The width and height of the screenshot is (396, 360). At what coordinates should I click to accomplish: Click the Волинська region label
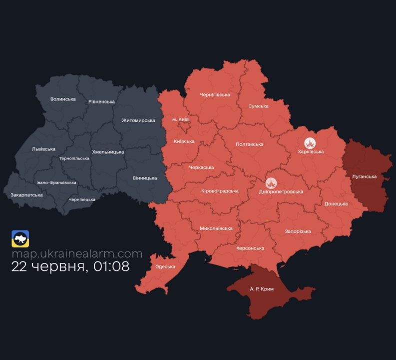[63, 99]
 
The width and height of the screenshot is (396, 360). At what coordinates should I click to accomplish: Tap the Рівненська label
[101, 101]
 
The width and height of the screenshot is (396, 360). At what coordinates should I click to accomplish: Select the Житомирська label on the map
[138, 120]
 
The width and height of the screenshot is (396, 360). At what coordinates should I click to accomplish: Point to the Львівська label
[44, 149]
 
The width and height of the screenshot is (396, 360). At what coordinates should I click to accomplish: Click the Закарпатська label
[26, 194]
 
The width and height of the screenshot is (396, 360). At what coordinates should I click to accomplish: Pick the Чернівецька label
[82, 199]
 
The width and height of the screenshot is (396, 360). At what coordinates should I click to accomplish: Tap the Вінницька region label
[145, 178]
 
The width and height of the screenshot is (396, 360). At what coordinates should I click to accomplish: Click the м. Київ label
[180, 119]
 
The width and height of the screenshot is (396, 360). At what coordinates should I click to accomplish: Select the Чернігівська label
[215, 94]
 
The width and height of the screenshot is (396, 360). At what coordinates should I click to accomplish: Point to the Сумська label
[258, 106]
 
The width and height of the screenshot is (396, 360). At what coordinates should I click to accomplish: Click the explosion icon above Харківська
[311, 142]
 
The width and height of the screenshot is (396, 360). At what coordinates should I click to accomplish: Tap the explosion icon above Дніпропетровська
[272, 183]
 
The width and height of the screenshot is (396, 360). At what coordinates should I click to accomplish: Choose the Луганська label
[364, 176]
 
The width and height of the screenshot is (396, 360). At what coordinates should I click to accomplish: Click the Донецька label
[336, 204]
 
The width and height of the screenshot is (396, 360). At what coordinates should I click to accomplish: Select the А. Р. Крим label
[262, 289]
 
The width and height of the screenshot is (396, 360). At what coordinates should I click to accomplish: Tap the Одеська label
[165, 266]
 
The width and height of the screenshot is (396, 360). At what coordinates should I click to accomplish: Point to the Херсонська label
[250, 248]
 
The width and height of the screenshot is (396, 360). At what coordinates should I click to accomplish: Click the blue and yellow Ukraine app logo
[20, 238]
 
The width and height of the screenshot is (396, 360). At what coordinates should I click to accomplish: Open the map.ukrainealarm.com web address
[77, 254]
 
